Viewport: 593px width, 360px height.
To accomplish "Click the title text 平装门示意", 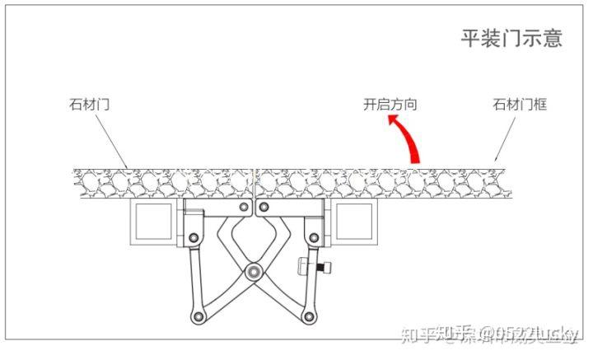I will tap(510, 39).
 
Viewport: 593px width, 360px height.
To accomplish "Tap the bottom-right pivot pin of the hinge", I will tap(309, 316).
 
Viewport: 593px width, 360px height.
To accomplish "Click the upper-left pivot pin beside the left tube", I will tap(194, 238).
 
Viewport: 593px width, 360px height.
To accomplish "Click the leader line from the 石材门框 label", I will tap(506, 135).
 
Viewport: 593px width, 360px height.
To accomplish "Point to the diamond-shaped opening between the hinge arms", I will tap(254, 239).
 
